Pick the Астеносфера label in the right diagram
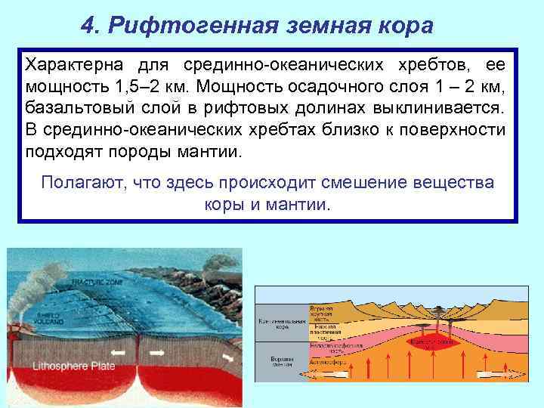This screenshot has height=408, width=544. (x=327, y=362)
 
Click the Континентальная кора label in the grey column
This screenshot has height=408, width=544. (x=281, y=323)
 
